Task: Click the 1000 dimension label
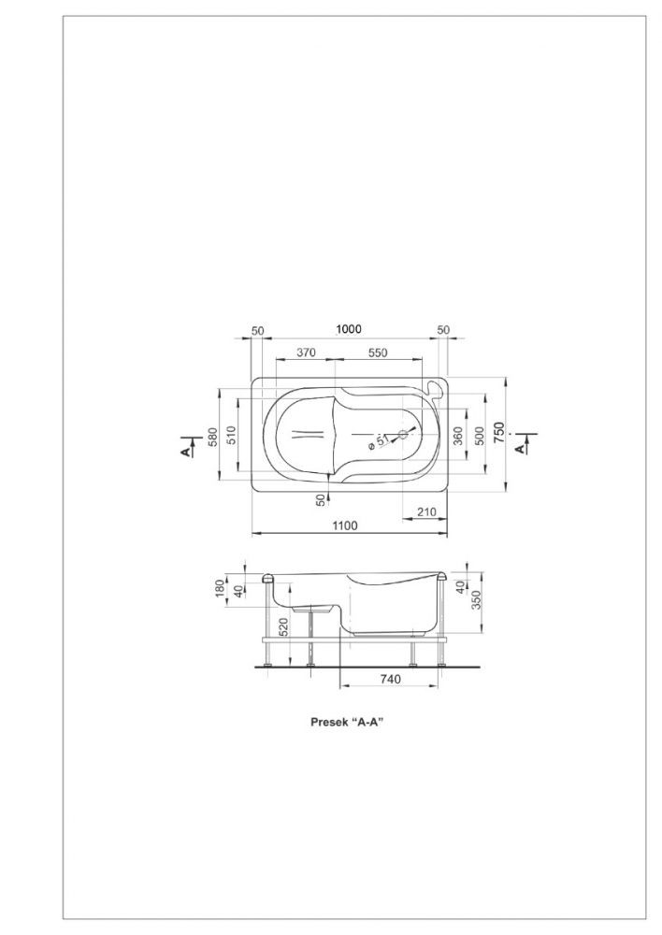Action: [x=349, y=329]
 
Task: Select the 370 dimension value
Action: [x=306, y=352]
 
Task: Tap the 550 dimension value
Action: [x=378, y=352]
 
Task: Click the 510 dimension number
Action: [x=232, y=436]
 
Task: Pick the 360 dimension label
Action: [x=458, y=436]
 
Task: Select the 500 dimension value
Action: [x=478, y=436]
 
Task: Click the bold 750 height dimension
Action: [x=499, y=432]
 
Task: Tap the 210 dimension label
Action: [x=427, y=511]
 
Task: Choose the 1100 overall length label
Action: [x=345, y=525]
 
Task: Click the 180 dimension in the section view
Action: [x=220, y=588]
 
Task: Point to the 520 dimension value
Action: [x=284, y=627]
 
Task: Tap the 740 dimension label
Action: [x=391, y=679]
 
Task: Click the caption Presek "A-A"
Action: [x=347, y=722]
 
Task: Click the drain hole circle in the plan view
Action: [x=403, y=434]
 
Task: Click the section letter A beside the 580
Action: [x=187, y=453]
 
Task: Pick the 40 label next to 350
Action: [x=460, y=586]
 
